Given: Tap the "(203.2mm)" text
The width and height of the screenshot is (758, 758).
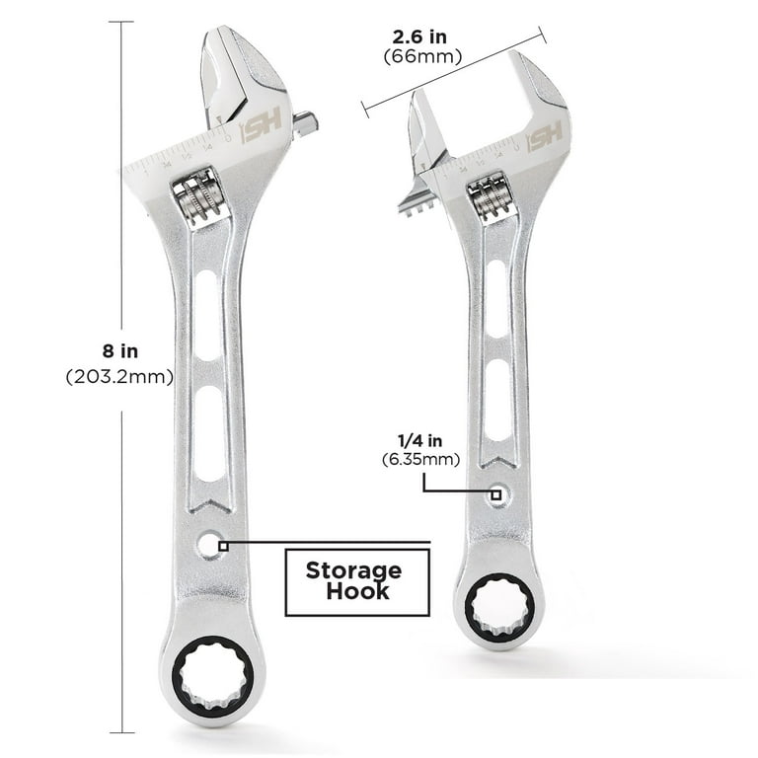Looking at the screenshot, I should (119, 376).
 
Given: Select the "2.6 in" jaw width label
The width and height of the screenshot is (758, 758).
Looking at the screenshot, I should (419, 38).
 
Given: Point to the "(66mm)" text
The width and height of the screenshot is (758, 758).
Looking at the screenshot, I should (422, 56).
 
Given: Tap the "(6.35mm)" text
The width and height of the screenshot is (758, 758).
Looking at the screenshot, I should (414, 459).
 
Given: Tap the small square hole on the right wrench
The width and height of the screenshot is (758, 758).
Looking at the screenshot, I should (497, 493).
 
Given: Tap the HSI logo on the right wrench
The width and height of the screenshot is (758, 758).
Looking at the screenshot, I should (545, 137).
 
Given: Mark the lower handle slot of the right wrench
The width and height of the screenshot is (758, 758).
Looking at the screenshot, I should (496, 399).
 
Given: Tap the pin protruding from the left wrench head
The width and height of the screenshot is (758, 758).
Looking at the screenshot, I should (305, 123).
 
